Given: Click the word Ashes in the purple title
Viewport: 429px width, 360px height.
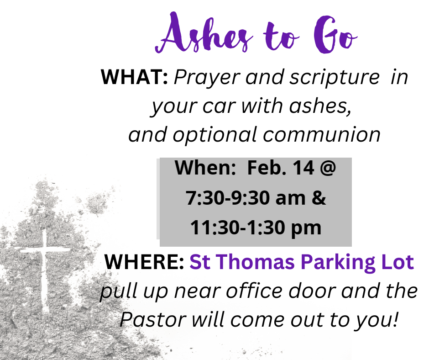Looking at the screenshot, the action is [204, 33].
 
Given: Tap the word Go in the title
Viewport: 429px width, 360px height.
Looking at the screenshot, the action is [335, 34].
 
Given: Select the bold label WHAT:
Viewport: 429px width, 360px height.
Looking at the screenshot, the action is [134, 77].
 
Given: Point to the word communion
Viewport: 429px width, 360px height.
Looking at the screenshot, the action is [322, 135].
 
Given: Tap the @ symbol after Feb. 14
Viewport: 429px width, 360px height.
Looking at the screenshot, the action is [327, 168].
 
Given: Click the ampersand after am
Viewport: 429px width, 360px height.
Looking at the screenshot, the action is [319, 198].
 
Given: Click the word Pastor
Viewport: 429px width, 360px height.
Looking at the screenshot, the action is [153, 320].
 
